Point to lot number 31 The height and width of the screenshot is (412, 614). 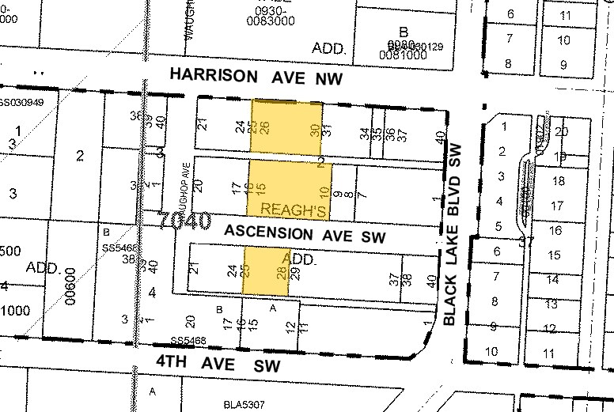tap(326, 131)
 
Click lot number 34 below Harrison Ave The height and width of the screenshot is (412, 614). tap(365, 134)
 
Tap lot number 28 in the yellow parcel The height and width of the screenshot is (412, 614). tap(281, 273)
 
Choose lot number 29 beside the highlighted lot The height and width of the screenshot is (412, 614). tap(294, 274)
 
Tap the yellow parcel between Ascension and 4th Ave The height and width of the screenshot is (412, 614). tap(266, 270)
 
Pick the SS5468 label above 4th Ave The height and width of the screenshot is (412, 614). tap(188, 342)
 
